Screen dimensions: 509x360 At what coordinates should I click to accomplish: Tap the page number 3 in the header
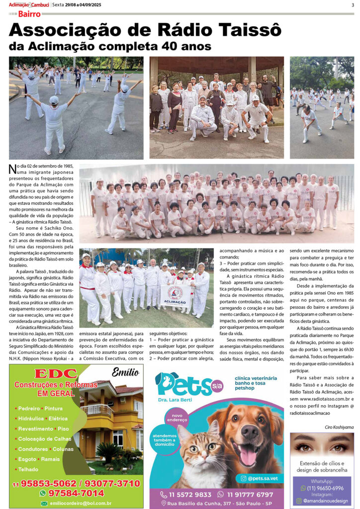pyautogui.click(x=352, y=5)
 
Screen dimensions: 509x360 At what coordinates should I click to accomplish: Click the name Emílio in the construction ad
pyautogui.click(x=125, y=371)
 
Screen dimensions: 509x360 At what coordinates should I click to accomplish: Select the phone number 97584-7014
pyautogui.click(x=76, y=493)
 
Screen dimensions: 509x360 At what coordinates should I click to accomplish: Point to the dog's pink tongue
pyautogui.click(x=247, y=453)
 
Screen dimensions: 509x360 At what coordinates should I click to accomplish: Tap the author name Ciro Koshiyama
pyautogui.click(x=339, y=427)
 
